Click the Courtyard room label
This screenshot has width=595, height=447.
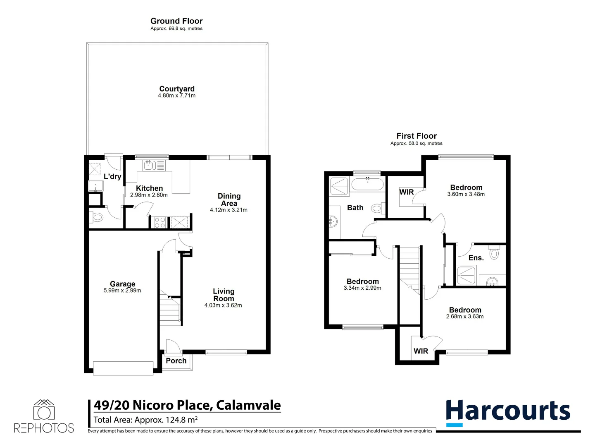tap(177, 89)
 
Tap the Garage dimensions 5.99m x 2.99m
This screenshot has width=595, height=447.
tap(122, 291)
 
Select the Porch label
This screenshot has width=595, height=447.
tap(176, 360)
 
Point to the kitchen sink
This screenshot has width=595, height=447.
tap(149, 166)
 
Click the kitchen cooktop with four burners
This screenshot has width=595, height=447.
tap(159, 222)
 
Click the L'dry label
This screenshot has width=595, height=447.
tap(112, 176)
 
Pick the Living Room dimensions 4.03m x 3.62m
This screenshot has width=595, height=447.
tap(223, 305)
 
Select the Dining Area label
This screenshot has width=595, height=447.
tap(229, 199)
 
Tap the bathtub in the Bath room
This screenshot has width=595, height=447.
tap(367, 184)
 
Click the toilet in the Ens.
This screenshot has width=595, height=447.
tap(494, 252)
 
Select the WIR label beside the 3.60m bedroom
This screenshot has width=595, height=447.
tap(407, 192)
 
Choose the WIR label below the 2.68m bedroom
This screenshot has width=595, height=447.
tap(421, 351)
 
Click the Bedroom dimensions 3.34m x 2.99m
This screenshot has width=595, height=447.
tap(362, 288)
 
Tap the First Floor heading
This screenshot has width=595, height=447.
tap(416, 136)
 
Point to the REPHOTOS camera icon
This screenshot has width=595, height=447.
tap(44, 410)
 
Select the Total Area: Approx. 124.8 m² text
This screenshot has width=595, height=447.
tap(145, 420)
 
